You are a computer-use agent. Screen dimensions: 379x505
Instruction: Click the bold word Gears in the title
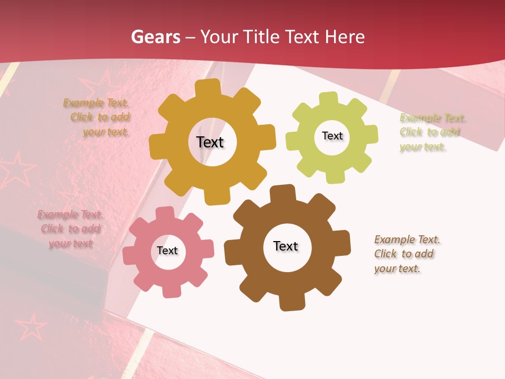(x=155, y=37)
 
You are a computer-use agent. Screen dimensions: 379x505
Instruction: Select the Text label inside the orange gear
(x=210, y=142)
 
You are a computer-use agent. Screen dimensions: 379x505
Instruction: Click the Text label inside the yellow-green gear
(x=332, y=136)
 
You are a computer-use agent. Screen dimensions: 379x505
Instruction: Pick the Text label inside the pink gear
(x=167, y=251)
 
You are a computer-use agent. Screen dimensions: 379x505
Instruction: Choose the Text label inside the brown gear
(x=286, y=246)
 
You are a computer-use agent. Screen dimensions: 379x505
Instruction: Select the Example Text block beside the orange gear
(x=97, y=117)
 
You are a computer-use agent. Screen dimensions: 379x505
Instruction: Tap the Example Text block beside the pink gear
(x=70, y=229)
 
